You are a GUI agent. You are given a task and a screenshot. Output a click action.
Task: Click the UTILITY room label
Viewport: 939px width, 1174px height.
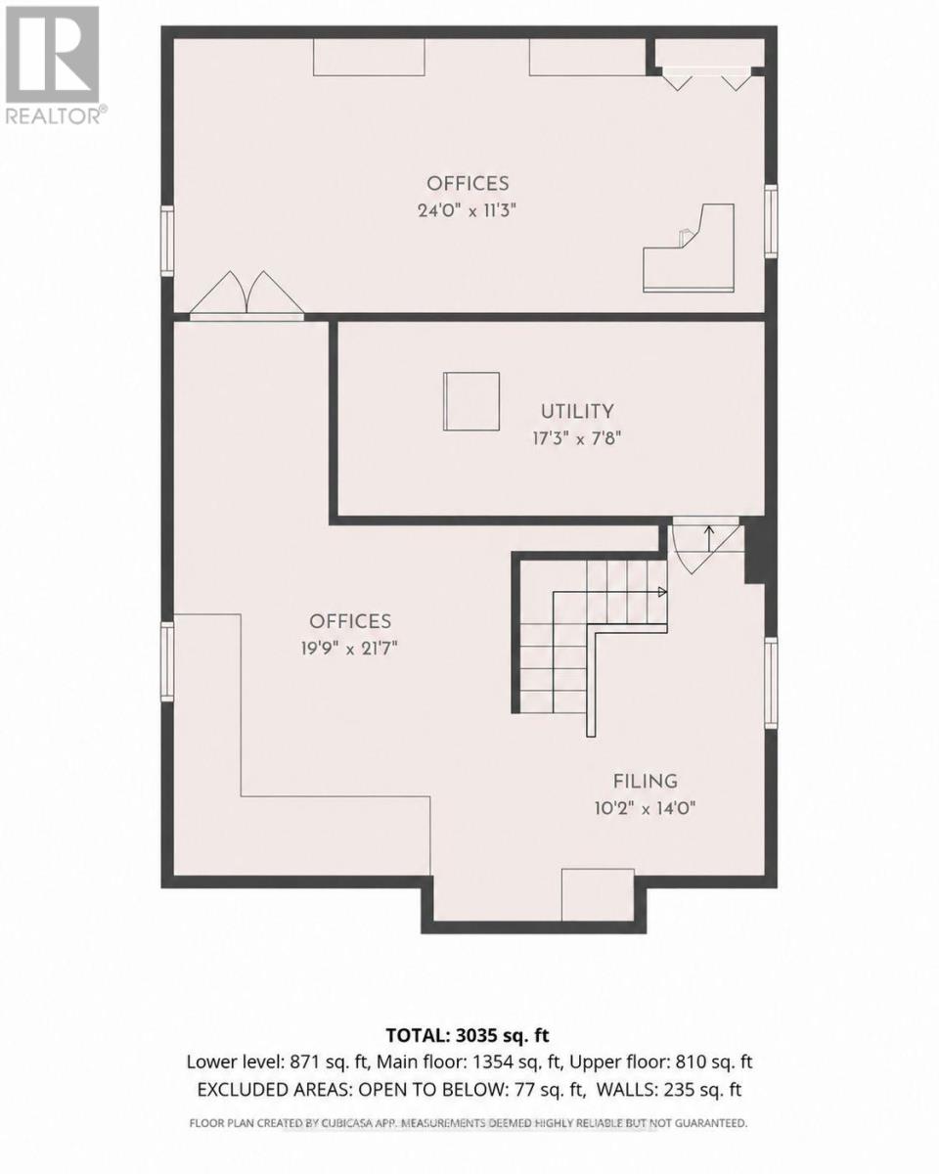[577, 411]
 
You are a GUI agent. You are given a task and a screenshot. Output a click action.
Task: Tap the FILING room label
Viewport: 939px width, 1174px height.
[645, 782]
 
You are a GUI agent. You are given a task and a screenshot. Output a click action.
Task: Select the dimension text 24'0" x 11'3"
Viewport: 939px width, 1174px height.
[467, 210]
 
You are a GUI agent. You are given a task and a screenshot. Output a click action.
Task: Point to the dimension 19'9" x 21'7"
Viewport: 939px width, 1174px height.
[350, 649]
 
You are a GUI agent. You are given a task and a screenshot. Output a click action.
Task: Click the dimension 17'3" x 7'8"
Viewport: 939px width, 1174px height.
[577, 438]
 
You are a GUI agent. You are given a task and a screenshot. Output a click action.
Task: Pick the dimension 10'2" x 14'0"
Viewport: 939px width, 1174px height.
[645, 808]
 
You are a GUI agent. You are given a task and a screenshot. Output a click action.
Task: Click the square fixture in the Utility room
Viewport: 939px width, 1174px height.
[471, 401]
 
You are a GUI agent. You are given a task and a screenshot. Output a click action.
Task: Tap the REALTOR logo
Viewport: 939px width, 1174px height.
[54, 65]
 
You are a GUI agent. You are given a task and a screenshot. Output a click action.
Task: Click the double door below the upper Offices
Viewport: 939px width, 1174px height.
[246, 295]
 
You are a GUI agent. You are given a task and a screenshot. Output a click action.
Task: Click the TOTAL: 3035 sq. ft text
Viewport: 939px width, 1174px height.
[468, 1035]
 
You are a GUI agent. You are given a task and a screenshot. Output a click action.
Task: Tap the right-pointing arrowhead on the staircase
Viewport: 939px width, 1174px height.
[662, 591]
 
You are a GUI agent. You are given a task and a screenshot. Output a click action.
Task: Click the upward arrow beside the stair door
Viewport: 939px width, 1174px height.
[709, 539]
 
